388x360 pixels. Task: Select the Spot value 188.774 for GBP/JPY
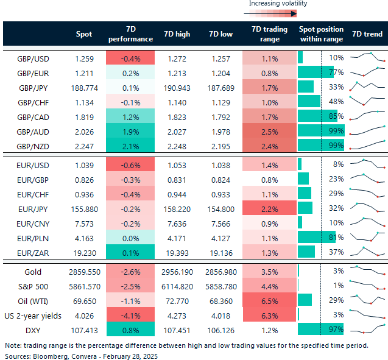pyautogui.click(x=83, y=86)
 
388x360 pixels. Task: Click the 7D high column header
pyautogui.click(x=177, y=34)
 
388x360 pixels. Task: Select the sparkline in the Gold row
pyautogui.click(x=367, y=271)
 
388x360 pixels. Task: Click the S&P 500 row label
pyautogui.click(x=33, y=286)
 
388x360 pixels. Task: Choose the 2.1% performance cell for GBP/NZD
pyautogui.click(x=130, y=144)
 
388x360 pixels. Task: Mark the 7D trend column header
pyautogui.click(x=367, y=34)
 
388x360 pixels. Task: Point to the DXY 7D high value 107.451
pyautogui.click(x=177, y=330)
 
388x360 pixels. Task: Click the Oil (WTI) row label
pyautogui.click(x=33, y=300)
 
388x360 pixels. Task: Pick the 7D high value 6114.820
pyautogui.click(x=177, y=286)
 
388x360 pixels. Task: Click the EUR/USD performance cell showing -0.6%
pyautogui.click(x=130, y=164)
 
